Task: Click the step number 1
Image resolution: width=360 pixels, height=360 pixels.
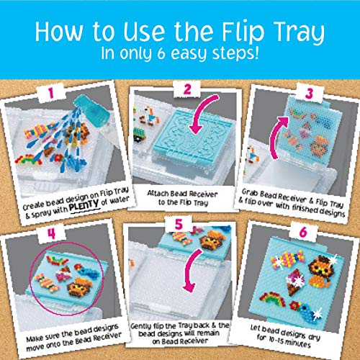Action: click(51, 93)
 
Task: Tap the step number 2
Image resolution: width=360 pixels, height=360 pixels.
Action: click(187, 89)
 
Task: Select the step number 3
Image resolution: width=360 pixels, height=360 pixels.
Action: click(310, 94)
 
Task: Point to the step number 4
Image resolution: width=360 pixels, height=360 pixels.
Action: click(52, 233)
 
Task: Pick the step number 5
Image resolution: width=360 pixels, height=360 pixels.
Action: click(179, 225)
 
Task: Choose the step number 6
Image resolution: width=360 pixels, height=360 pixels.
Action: click(303, 232)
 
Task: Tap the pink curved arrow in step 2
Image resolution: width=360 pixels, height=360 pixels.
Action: click(202, 113)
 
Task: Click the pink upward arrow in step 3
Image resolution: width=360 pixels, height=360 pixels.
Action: click(276, 137)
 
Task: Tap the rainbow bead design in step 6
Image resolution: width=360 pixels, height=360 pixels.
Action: click(272, 298)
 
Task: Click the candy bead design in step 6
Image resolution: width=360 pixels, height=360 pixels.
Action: click(287, 260)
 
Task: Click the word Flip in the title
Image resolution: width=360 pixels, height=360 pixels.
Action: click(243, 32)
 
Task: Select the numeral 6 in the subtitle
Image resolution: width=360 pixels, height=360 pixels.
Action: click(161, 53)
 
